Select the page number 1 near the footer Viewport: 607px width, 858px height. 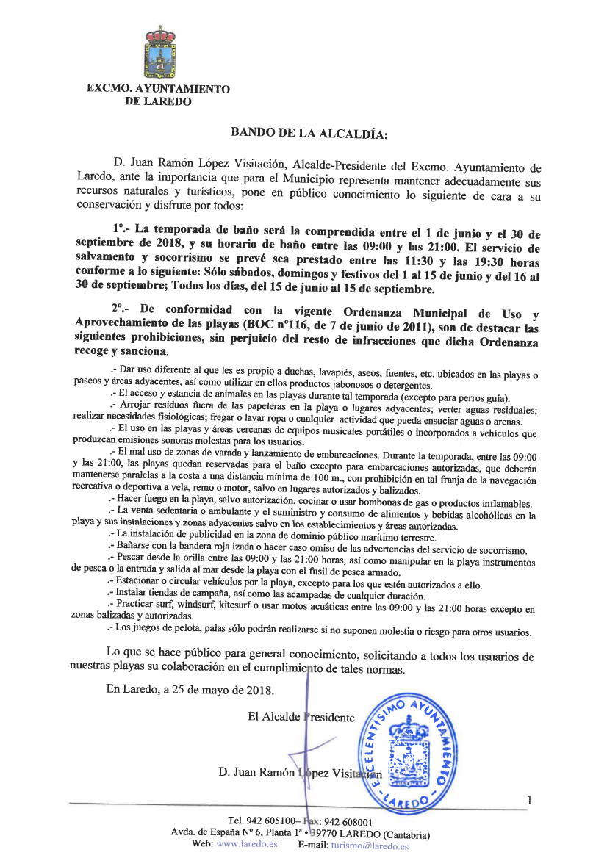click(x=528, y=799)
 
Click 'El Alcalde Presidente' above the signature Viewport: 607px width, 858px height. click(x=301, y=717)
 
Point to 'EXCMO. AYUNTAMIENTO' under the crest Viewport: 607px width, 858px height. click(x=158, y=89)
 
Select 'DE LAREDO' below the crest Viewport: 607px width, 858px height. click(x=159, y=101)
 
